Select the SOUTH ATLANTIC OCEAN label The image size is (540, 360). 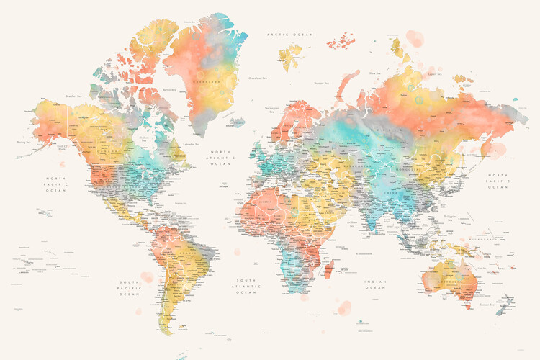[246, 285]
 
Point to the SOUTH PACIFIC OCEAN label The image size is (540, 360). [130, 287]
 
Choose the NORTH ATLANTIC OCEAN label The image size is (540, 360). [220, 158]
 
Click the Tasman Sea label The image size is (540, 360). [487, 304]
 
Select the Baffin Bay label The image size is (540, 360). [170, 90]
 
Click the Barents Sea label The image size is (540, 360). [321, 83]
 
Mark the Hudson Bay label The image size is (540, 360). [144, 138]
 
